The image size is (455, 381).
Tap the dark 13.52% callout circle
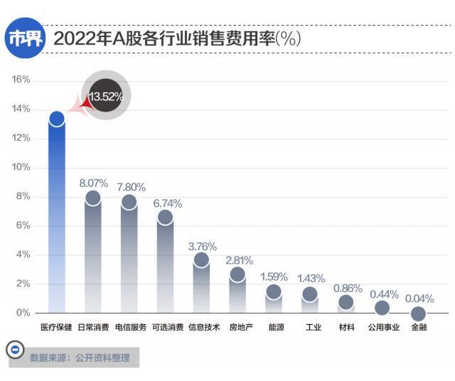pos(106,97)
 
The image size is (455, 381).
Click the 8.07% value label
pos(93,183)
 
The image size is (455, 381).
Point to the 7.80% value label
pos(130,187)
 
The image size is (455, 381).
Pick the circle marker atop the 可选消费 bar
pos(165,218)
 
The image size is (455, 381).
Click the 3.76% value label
pos(202,246)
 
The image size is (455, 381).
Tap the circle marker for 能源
pos(274,291)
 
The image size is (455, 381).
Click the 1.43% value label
pos(311,278)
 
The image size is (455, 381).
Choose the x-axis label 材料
pos(346,328)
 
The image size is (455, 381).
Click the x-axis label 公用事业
pos(383,328)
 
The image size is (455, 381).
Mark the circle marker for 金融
pos(419,313)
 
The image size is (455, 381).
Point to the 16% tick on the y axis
pos(21,80)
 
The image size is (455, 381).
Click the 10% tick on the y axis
pos(21,167)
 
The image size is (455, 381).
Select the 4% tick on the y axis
pos(23,254)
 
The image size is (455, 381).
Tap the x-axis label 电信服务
pos(130,328)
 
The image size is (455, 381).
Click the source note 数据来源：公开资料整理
pos(80,358)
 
